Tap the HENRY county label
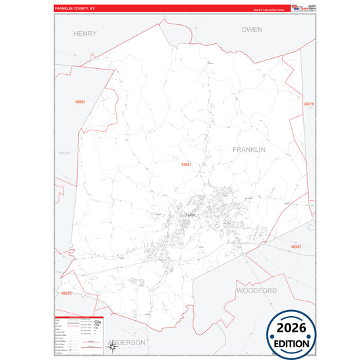[x=85, y=32]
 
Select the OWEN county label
[x=251, y=30]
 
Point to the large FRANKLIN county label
[x=249, y=149]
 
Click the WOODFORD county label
[x=256, y=290]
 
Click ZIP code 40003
[x=80, y=102]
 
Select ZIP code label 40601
[x=187, y=164]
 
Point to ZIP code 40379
[x=309, y=104]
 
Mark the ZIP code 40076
[x=66, y=293]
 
